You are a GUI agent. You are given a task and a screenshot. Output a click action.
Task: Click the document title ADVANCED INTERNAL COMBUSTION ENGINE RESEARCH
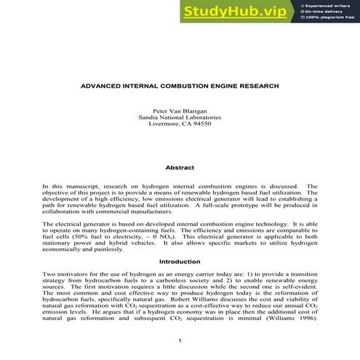(x=180, y=86)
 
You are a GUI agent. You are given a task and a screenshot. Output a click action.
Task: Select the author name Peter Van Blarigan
(x=180, y=110)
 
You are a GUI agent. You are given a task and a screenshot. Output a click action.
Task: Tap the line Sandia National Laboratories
(x=180, y=117)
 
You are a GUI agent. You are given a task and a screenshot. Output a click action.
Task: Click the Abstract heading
(x=180, y=167)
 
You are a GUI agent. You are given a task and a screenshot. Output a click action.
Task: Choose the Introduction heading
(x=180, y=260)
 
